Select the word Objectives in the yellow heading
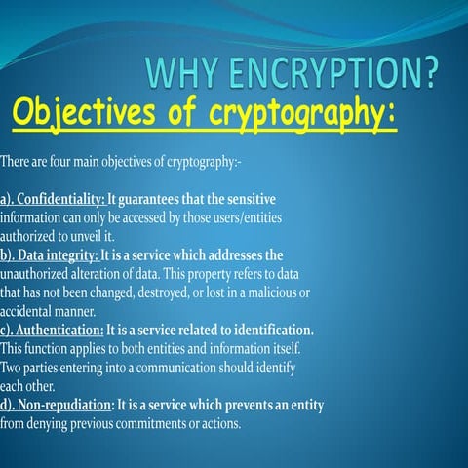84,113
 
